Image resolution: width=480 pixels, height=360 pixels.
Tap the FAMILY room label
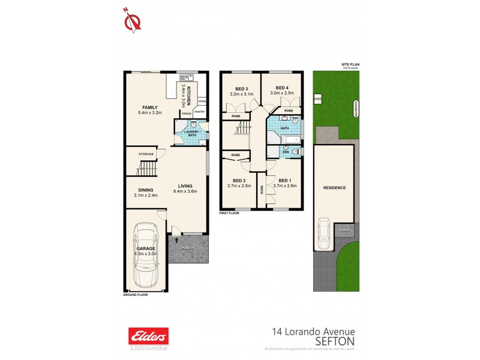(x=148, y=107)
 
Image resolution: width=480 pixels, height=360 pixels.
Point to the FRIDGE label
(x=187, y=113)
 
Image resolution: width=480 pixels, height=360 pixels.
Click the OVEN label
(x=202, y=101)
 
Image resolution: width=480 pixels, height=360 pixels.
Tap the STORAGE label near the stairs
(x=146, y=154)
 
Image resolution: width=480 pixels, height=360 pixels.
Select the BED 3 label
(x=242, y=88)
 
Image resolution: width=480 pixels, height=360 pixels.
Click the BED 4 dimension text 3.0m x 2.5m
(x=282, y=94)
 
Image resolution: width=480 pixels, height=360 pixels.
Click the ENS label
(x=286, y=152)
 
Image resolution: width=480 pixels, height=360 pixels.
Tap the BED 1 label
(x=285, y=181)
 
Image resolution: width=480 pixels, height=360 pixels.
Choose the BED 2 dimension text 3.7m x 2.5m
(x=239, y=186)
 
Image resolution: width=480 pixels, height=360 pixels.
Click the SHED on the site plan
(x=317, y=99)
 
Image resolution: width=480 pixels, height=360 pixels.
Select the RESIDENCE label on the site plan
(x=335, y=188)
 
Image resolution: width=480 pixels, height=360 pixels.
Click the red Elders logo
(x=148, y=334)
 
